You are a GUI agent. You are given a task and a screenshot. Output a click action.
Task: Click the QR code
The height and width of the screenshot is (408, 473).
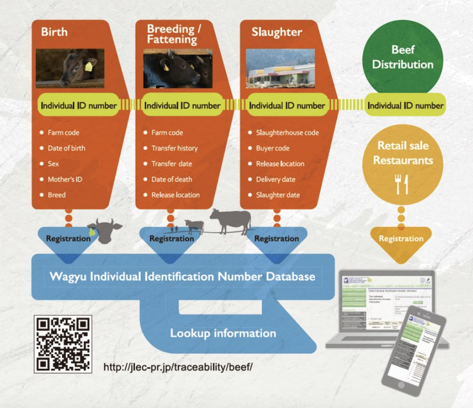tap(63, 344)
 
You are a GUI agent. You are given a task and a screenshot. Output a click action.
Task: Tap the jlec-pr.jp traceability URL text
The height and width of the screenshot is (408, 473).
tap(178, 366)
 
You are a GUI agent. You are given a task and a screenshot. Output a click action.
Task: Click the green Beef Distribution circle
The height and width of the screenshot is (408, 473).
tap(403, 57)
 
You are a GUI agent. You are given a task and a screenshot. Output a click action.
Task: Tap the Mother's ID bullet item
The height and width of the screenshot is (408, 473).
tap(64, 179)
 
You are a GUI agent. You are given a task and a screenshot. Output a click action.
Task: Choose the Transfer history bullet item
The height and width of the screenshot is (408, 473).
tap(174, 148)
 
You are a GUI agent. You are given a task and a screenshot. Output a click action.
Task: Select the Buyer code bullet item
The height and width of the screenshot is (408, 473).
tap(272, 148)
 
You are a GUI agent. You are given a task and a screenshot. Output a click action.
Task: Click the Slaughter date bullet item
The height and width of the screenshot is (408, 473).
tap(278, 195)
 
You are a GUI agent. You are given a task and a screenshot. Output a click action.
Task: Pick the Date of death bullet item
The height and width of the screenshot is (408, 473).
tap(172, 179)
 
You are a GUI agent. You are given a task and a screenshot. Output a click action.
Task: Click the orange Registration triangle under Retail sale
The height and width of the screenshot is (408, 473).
tap(401, 239)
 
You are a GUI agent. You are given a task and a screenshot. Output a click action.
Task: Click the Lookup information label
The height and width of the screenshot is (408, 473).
tap(223, 333)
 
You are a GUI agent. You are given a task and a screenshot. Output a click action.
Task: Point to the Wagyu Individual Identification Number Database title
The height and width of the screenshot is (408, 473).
tap(182, 277)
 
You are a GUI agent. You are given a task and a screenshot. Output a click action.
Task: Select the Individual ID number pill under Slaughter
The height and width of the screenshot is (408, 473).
tap(287, 105)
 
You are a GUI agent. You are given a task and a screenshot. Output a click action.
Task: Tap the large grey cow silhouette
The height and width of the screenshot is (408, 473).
tap(231, 220)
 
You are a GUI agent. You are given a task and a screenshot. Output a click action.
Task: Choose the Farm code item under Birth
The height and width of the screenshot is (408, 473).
tap(63, 133)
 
